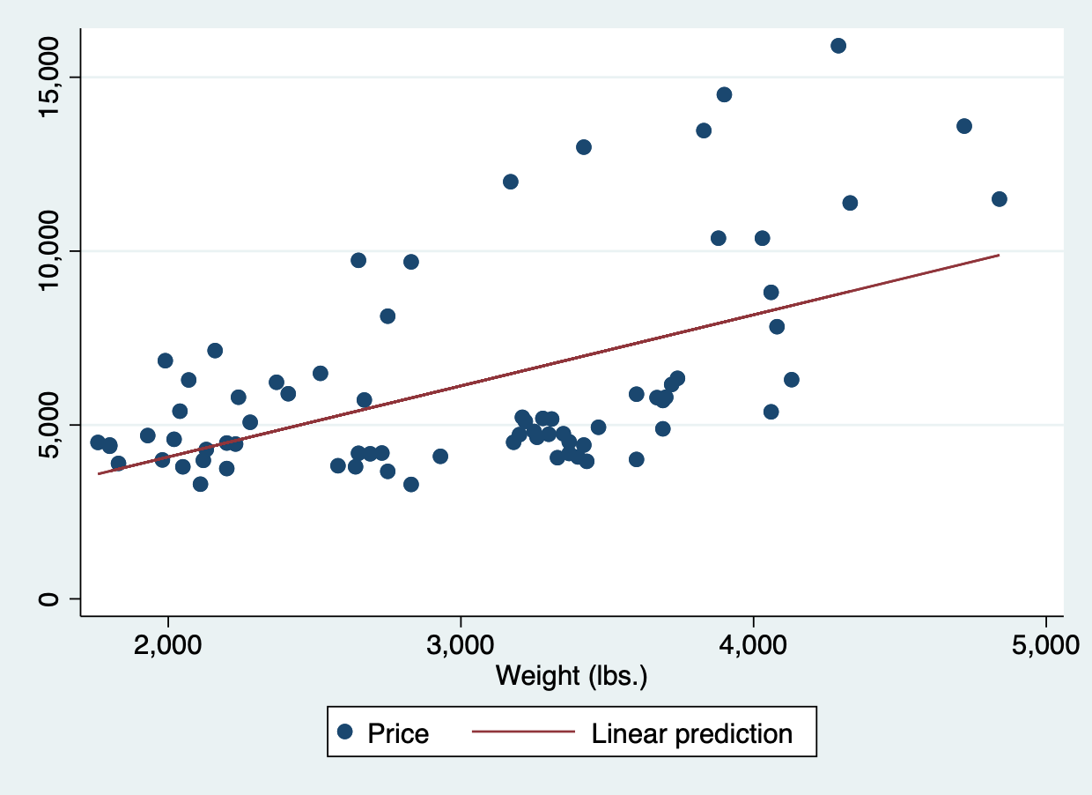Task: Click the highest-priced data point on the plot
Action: point(838,46)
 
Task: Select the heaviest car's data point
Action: point(999,199)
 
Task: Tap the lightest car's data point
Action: point(98,442)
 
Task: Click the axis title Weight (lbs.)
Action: point(572,676)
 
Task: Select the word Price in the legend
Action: point(398,733)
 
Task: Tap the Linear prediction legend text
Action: point(692,733)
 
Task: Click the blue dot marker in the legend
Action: point(345,732)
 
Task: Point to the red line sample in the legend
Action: point(523,732)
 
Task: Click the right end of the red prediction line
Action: point(999,255)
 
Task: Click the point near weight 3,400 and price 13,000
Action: point(583,147)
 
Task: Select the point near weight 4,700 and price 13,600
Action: point(963,126)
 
